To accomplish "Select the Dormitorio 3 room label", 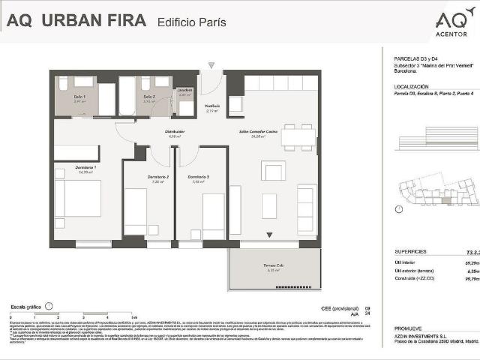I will coord(199,177).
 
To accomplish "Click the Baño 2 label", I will coord(150,97).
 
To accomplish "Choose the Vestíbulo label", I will coord(213,106).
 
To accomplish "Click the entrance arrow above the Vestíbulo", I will coord(212,66).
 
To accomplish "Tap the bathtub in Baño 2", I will coord(127,95).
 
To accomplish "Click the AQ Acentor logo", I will coord(451,22).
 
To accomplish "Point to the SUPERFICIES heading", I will coord(410,252).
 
